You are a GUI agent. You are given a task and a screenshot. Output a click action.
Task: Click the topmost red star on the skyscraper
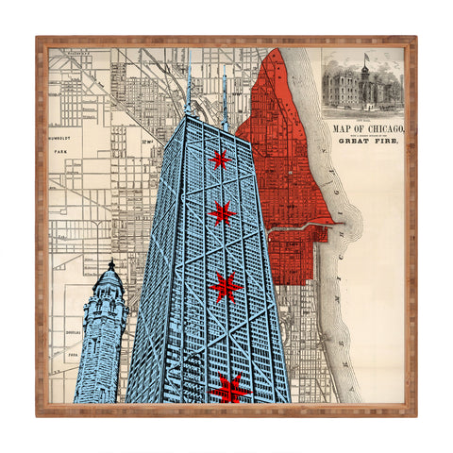pyautogui.click(x=220, y=159)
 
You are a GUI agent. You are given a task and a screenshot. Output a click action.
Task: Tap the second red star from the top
pyautogui.click(x=222, y=214)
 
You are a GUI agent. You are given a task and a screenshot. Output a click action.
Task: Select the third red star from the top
pyautogui.click(x=226, y=286)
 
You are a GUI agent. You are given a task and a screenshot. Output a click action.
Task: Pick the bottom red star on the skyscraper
pyautogui.click(x=229, y=387)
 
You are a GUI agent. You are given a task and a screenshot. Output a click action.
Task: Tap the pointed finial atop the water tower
pyautogui.click(x=111, y=263)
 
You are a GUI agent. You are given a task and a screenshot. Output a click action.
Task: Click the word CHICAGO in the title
pyautogui.click(x=383, y=127)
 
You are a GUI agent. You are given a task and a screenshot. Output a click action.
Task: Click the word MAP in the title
pyautogui.click(x=340, y=127)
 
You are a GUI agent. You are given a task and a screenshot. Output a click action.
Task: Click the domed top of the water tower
pyautogui.click(x=109, y=280)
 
